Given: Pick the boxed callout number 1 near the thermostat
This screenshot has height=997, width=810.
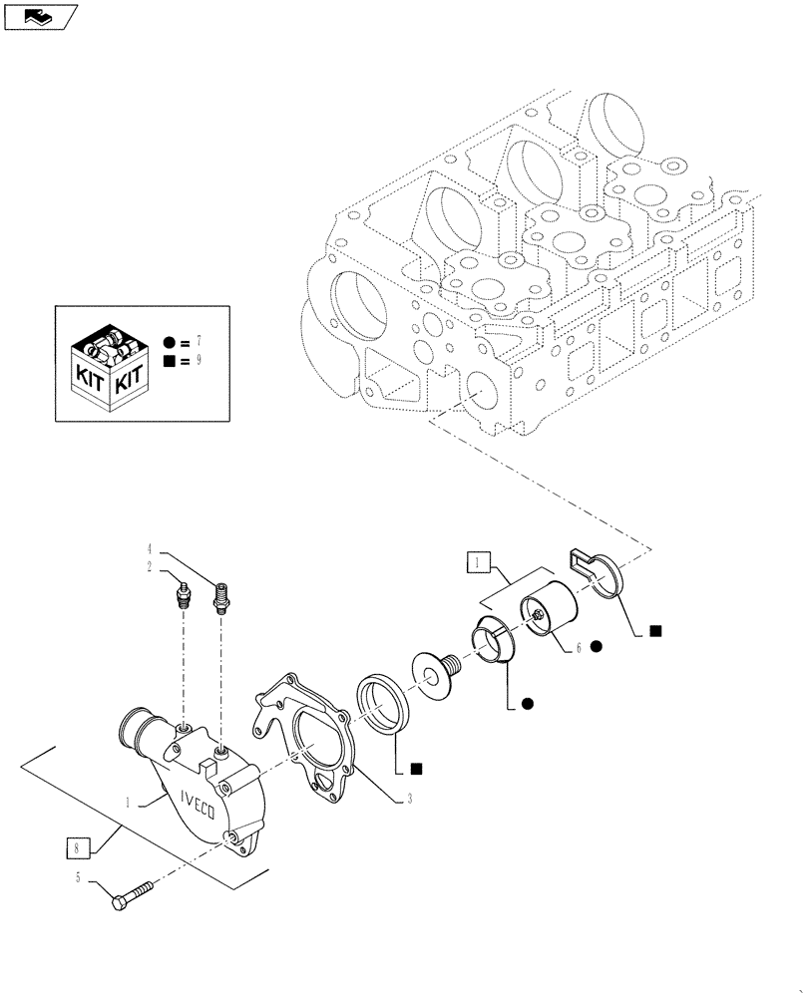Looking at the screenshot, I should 477,564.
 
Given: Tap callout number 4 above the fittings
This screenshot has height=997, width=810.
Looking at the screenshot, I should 151,548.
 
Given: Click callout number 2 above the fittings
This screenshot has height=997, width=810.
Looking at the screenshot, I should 151,566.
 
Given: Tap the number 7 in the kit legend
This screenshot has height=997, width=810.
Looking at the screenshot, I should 199,342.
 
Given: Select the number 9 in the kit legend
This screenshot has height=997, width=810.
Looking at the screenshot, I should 199,360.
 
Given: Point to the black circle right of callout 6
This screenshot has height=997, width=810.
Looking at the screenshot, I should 597,647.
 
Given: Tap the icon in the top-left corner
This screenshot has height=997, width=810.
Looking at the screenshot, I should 39,16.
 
